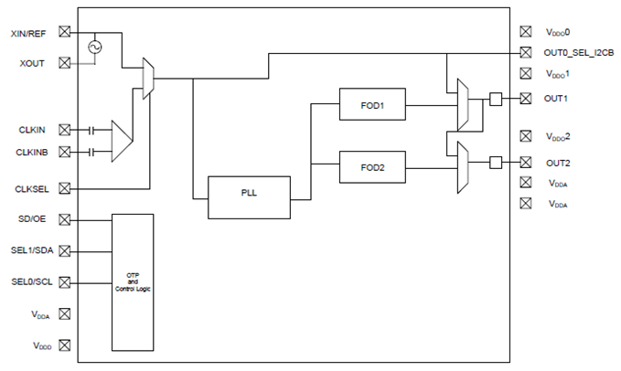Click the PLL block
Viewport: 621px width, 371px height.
point(249,197)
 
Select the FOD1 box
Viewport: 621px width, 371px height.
point(372,104)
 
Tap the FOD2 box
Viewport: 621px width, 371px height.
point(372,167)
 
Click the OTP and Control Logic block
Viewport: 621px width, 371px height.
point(133,282)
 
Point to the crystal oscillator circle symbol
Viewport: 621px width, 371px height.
point(94,48)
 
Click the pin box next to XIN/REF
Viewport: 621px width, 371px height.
point(65,32)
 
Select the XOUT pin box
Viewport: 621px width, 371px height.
point(65,63)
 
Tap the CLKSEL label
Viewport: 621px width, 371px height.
point(32,189)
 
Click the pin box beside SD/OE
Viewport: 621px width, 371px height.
point(65,219)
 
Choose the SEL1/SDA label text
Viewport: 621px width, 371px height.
point(32,250)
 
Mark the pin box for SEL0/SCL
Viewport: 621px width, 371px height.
point(65,282)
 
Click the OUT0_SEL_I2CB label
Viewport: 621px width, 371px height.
point(579,53)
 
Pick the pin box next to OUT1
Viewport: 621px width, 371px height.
point(526,98)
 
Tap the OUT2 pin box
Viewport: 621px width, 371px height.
point(526,162)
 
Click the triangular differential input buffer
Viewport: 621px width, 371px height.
point(122,141)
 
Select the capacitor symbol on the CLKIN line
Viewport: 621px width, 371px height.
point(91,130)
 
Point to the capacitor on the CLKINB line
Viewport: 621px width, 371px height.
point(91,152)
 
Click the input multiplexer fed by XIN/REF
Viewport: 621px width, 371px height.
point(148,79)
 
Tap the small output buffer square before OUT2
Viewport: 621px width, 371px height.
point(496,162)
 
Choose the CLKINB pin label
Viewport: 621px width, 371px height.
point(32,153)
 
